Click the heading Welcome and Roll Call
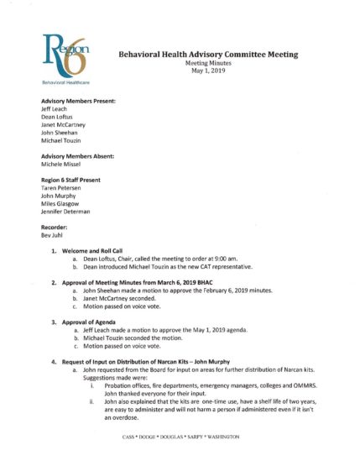click(x=92, y=298)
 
